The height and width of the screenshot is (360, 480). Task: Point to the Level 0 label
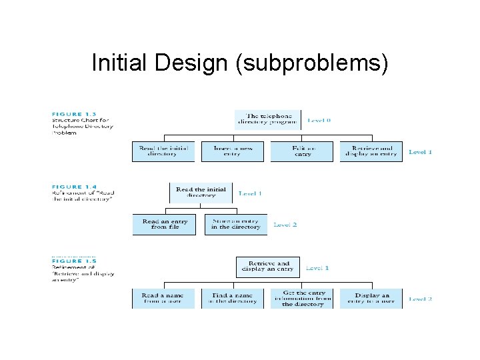319,121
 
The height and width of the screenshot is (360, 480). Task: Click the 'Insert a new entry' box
233,151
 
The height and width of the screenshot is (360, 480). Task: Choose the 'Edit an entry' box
302,151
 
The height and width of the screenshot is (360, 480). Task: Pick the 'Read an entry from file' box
164,225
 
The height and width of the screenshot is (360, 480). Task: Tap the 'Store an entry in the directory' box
235,225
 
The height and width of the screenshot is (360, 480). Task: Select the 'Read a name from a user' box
163,298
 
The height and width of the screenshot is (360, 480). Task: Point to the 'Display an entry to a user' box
371,298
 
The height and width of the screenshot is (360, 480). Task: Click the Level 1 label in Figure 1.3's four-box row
420,152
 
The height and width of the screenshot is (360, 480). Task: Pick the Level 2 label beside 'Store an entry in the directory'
285,225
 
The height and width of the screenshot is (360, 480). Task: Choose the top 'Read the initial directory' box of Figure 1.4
201,193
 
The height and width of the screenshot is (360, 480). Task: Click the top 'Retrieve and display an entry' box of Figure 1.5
267,267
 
